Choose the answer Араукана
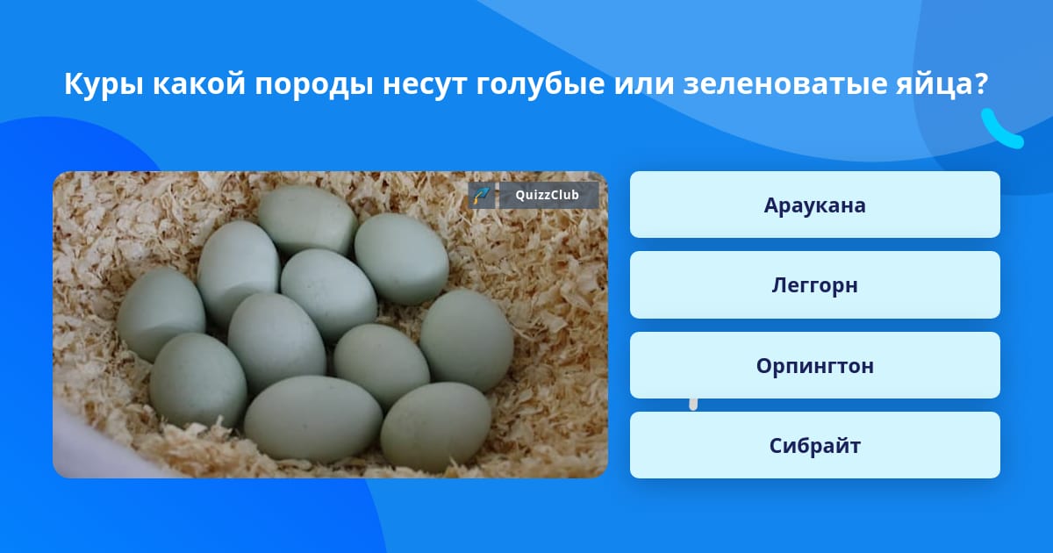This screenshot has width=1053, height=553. tap(814, 205)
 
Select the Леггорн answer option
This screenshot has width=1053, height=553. tap(814, 285)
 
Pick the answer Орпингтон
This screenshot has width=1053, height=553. tap(814, 365)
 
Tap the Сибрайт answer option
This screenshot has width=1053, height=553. tap(814, 445)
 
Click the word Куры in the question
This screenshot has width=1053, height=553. tap(104, 84)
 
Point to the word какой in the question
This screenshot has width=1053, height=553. tap(199, 83)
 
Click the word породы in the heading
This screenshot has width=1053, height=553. tap(314, 85)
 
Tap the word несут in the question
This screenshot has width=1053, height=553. tap(425, 85)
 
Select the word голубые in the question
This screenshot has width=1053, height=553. tap(541, 84)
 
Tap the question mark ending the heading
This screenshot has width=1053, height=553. tap(981, 83)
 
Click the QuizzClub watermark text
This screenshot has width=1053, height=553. tap(547, 195)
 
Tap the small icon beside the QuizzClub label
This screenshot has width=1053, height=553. tap(481, 195)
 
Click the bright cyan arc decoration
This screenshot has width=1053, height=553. tap(1000, 131)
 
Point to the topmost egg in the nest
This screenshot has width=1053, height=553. tap(308, 219)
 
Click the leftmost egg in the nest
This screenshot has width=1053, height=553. tap(161, 314)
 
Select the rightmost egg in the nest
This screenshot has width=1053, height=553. tap(467, 340)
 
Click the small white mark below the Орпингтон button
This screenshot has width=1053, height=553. tap(693, 405)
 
